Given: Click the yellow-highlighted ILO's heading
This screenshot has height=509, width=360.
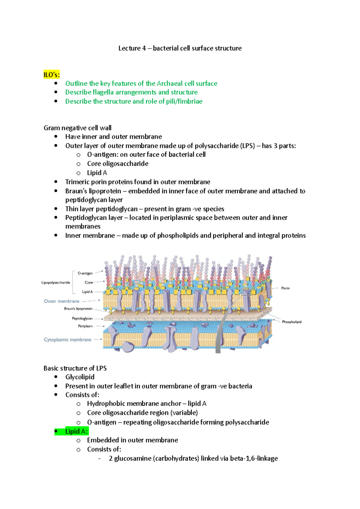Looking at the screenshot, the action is coord(52,75).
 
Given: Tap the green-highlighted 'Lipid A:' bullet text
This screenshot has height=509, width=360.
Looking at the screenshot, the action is coord(76,431).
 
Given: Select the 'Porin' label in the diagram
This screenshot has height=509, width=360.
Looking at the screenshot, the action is coord(285,288).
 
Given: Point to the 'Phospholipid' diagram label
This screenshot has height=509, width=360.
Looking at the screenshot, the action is coord(292,322).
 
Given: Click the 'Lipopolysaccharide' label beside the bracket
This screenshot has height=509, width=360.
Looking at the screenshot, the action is coord(55,283).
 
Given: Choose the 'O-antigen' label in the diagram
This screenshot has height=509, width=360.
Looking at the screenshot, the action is coord(85,273).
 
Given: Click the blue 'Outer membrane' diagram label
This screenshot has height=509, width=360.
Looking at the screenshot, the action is coord(61,301).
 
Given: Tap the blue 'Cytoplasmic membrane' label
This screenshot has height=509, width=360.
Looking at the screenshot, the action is coord(67,340).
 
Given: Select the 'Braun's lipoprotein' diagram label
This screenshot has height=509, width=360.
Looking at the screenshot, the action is coord(78,309).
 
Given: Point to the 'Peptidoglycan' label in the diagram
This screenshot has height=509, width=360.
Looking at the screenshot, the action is coord(82,318).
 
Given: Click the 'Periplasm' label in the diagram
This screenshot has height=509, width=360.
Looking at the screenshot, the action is coord(85,326).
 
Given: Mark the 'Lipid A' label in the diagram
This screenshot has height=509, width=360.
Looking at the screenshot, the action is coord(87,292).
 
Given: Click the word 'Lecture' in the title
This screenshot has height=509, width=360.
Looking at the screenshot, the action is coord(129,48).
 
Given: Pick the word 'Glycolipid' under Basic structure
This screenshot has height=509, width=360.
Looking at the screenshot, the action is coord(80,377).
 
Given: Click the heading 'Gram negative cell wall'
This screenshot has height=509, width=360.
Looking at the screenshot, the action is coord(77,128).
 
